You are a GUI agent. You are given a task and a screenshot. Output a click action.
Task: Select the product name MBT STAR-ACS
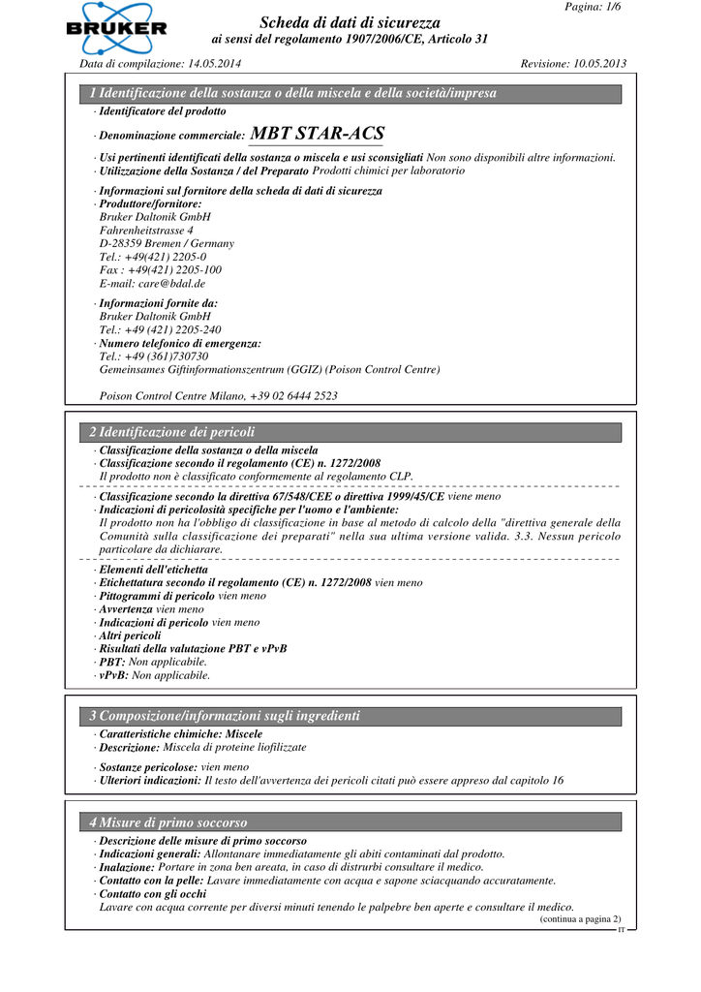pyautogui.click(x=317, y=134)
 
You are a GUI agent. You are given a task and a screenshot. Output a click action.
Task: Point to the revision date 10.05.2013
pyautogui.click(x=594, y=64)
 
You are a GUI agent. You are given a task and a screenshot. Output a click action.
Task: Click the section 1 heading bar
pyautogui.click(x=350, y=94)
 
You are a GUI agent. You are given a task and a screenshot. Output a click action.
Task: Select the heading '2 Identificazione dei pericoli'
pyautogui.click(x=172, y=432)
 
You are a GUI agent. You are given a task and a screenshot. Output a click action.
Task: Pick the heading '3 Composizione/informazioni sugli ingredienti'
pyautogui.click(x=225, y=716)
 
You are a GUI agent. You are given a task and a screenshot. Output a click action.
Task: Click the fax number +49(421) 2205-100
pyautogui.click(x=175, y=270)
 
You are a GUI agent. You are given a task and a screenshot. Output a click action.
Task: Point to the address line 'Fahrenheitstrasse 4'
pyautogui.click(x=146, y=231)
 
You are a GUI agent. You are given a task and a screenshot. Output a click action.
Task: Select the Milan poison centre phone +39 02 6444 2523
pyautogui.click(x=293, y=395)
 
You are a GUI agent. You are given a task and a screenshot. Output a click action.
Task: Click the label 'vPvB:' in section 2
pyautogui.click(x=114, y=675)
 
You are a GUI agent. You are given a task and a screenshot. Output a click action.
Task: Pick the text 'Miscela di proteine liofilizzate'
pyautogui.click(x=234, y=748)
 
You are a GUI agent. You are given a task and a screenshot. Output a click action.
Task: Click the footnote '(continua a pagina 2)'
pyautogui.click(x=580, y=918)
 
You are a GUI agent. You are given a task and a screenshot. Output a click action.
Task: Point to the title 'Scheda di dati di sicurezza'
pyautogui.click(x=350, y=22)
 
